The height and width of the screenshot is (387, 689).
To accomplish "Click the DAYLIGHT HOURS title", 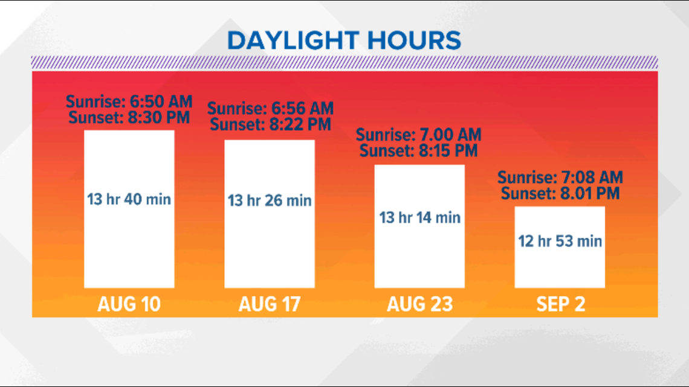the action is (344, 40).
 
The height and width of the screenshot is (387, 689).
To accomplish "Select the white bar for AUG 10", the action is (129, 209).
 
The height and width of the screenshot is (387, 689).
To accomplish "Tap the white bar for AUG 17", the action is (270, 214).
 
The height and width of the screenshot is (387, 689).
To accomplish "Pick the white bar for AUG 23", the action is (419, 226).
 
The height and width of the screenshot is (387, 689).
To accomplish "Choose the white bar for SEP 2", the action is (560, 247).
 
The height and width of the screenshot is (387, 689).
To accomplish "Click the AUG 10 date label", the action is (129, 304).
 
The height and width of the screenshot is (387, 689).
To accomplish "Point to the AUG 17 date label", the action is (270, 304).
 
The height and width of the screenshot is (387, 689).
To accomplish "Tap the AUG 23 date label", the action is (419, 304).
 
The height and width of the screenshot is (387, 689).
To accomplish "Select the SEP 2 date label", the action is (561, 304).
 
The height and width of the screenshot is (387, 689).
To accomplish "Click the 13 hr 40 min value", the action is (129, 199).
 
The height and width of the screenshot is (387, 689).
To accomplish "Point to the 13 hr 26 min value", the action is (270, 200).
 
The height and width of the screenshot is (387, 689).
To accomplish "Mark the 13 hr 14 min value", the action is (419, 217).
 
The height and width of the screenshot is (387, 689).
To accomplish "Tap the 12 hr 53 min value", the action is (560, 241).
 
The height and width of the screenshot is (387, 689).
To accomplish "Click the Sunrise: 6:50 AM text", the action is (129, 102).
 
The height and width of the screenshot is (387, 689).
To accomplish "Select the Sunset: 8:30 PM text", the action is (129, 118).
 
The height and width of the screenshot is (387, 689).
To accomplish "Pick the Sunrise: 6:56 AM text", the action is (270, 109).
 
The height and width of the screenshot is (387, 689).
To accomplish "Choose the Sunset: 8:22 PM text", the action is (270, 124).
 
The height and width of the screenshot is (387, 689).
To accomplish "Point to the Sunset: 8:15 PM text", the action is (418, 150).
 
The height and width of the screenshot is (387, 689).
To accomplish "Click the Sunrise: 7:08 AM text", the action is (560, 178).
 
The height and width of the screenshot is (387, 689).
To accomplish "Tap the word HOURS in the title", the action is (414, 40).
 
